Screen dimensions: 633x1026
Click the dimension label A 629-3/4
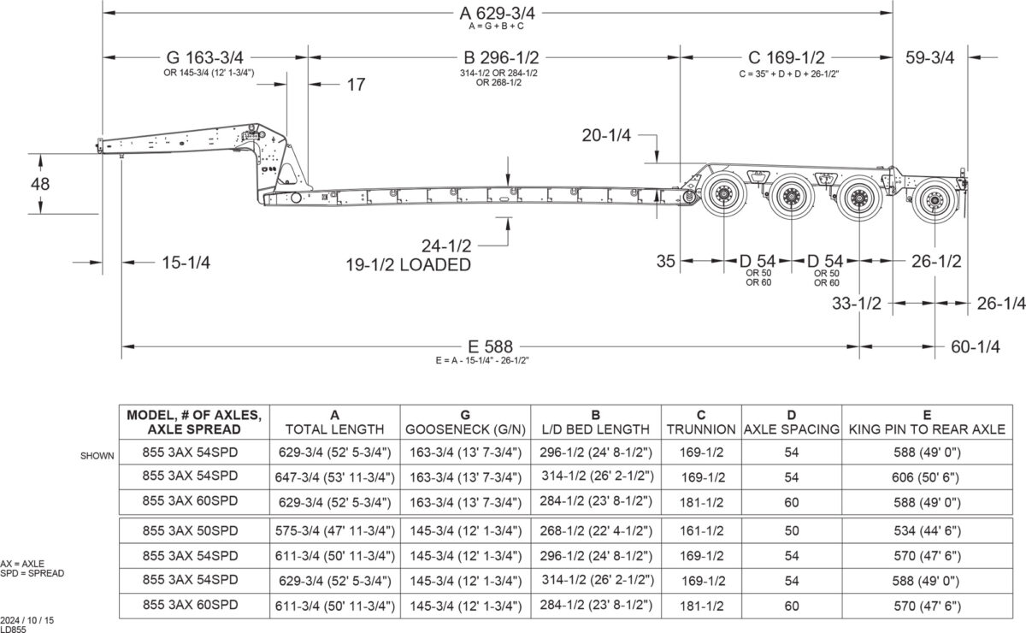pyautogui.click(x=500, y=13)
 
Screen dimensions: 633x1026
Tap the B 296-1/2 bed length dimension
pyautogui.click(x=501, y=57)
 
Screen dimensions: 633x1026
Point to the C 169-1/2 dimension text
pyautogui.click(x=787, y=57)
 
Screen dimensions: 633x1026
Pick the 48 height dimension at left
pyautogui.click(x=40, y=183)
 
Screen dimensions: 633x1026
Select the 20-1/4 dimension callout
pyautogui.click(x=609, y=134)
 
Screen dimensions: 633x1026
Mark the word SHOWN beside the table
pyautogui.click(x=97, y=456)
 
